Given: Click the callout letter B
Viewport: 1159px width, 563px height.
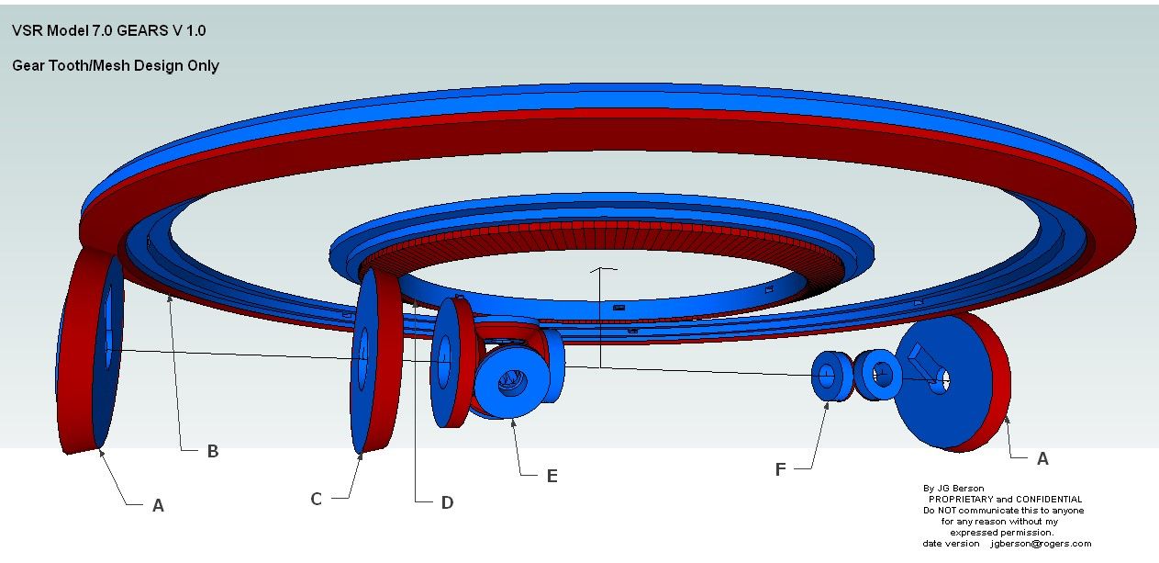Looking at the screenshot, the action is [x=213, y=451].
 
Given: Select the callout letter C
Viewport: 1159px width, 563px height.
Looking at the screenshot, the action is [x=317, y=499].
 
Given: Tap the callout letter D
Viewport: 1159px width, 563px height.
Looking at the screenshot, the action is [x=447, y=502].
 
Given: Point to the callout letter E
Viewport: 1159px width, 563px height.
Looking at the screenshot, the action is [x=552, y=476].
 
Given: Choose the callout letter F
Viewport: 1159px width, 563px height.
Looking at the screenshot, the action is [x=780, y=469].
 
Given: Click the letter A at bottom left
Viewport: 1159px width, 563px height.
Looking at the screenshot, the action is [x=158, y=505].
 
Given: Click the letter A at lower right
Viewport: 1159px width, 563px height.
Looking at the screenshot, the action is [x=1042, y=458].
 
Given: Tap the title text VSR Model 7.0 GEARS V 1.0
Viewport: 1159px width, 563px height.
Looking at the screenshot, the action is [x=108, y=30].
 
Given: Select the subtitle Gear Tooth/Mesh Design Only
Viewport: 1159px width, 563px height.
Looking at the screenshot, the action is [x=116, y=66].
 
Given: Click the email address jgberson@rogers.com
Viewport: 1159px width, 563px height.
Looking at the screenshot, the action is [x=1041, y=544].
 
